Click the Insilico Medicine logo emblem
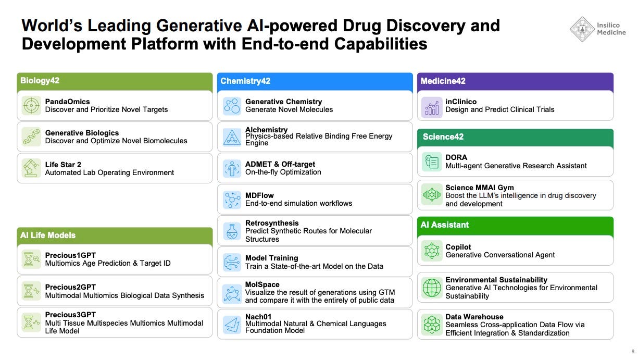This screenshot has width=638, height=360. (582, 29)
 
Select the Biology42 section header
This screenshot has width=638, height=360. (40, 81)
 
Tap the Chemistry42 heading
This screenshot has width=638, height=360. (245, 81)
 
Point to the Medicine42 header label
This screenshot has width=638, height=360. (443, 81)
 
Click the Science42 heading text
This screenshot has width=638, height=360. (443, 136)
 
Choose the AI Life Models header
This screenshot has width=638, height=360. (48, 235)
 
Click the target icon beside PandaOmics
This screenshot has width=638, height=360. (31, 106)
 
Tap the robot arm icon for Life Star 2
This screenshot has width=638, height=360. (31, 168)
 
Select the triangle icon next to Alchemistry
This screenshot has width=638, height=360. (232, 137)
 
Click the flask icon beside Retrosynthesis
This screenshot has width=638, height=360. (232, 231)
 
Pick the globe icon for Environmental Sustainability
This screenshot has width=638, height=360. (432, 288)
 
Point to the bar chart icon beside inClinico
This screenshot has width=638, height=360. (432, 107)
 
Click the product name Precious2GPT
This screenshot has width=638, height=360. (70, 287)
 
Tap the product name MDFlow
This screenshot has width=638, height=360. (259, 195)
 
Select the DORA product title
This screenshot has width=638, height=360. (456, 157)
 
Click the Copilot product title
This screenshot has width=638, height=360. (458, 247)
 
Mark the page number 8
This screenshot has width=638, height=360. (633, 352)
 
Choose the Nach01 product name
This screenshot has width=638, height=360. (258, 317)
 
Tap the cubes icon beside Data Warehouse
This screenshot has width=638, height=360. (432, 325)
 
